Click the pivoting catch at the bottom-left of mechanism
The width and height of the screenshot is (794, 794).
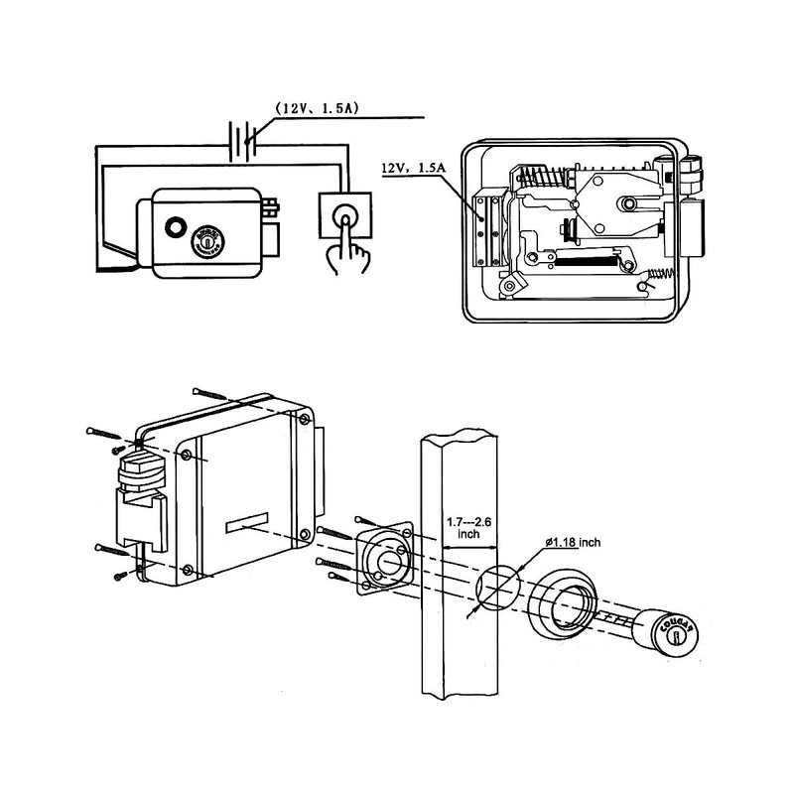point(510,284)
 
